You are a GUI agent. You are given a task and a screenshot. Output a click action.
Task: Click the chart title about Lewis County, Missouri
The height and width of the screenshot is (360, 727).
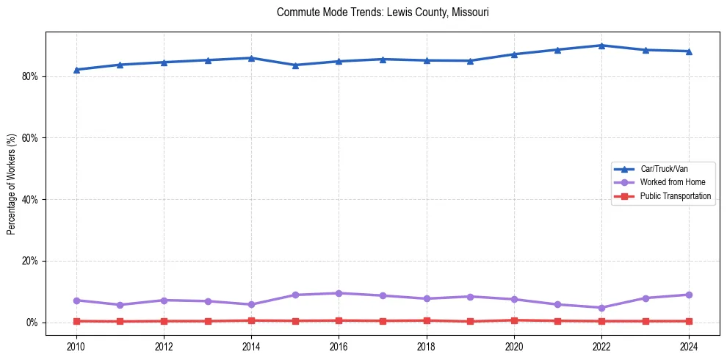pyautogui.click(x=383, y=12)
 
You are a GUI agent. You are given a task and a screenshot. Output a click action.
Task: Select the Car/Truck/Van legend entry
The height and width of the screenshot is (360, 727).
pyautogui.click(x=664, y=169)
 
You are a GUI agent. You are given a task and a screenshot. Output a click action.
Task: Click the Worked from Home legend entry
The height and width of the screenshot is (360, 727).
pyautogui.click(x=672, y=182)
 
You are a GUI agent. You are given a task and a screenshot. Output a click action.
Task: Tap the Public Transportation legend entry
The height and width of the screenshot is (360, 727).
pyautogui.click(x=675, y=196)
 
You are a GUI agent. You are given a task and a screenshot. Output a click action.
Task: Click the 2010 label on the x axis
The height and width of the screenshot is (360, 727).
pyautogui.click(x=76, y=345)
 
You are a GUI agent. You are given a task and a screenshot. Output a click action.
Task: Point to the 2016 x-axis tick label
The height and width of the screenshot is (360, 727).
pyautogui.click(x=339, y=345)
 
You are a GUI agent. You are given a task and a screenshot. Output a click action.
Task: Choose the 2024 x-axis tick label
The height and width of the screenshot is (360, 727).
pyautogui.click(x=689, y=345)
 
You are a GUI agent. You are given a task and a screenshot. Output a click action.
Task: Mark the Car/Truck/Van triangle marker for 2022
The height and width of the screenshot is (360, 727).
pyautogui.click(x=601, y=46)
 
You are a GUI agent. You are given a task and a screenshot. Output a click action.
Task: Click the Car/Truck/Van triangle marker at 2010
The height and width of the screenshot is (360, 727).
pyautogui.click(x=76, y=70)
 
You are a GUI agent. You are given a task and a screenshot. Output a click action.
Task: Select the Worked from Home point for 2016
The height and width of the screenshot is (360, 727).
pyautogui.click(x=339, y=293)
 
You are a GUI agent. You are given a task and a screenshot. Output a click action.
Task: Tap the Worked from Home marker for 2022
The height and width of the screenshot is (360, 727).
pyautogui.click(x=601, y=308)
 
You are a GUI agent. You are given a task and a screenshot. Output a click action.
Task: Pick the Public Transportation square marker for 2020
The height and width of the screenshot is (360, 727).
pyautogui.click(x=514, y=320)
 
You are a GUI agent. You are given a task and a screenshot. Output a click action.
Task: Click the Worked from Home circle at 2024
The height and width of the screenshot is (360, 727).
pyautogui.click(x=689, y=295)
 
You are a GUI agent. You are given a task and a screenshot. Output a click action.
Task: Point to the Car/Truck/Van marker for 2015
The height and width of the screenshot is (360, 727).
pyautogui.click(x=295, y=65)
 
